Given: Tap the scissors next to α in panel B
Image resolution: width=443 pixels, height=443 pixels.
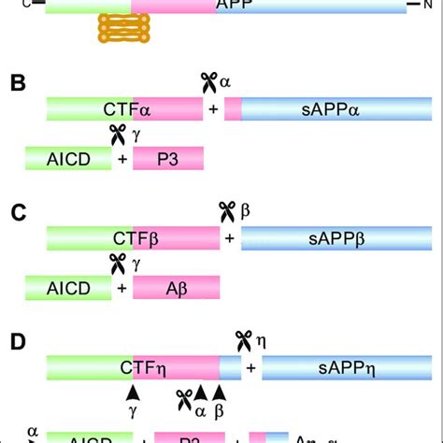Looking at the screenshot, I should click(209, 83).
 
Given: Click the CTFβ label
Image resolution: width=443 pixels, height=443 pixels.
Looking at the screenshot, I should click(131, 239).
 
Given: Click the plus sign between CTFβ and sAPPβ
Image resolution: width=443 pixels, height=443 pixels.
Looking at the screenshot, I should click(230, 239).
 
